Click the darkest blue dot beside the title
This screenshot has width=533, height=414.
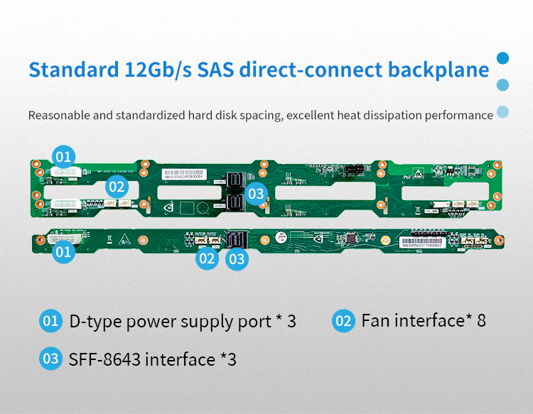tap(503, 58)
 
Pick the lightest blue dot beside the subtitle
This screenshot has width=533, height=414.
tap(503, 111)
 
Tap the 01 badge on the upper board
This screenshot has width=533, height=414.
tap(64, 156)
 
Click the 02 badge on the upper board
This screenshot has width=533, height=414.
tap(117, 187)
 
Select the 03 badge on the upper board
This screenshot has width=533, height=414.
tap(256, 192)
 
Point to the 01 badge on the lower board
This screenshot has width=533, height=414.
tap(63, 251)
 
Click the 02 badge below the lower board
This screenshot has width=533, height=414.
tap(207, 258)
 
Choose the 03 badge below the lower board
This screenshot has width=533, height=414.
tap(237, 259)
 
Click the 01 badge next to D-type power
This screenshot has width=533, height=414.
tap(50, 321)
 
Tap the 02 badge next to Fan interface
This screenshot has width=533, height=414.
tap(343, 321)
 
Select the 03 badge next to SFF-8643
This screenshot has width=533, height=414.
tap(50, 359)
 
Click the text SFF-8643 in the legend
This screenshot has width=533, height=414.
tap(104, 359)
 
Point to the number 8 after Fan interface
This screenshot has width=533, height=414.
tap(481, 321)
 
